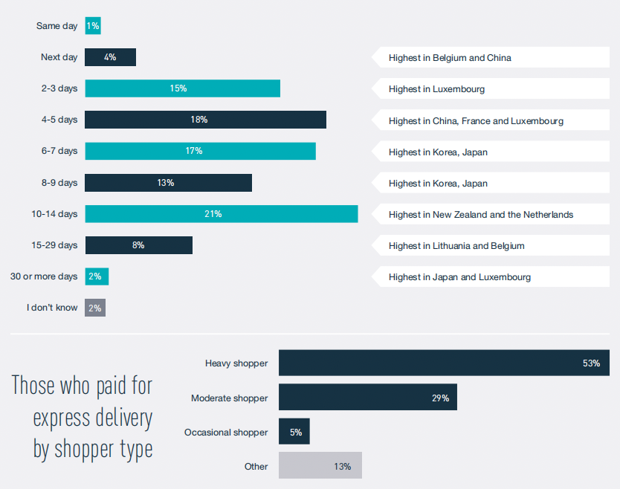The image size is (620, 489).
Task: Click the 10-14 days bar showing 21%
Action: (221, 214)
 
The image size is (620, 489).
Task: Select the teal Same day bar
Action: (92, 26)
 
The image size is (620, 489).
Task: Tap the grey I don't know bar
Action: (95, 308)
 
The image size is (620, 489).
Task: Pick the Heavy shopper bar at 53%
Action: (443, 363)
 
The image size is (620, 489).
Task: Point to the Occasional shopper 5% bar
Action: (294, 432)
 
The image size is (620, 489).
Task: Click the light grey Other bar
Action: (320, 466)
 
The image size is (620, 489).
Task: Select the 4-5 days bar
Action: (205, 120)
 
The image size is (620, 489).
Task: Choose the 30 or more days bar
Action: (97, 276)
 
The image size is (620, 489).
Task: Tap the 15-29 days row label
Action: (54, 245)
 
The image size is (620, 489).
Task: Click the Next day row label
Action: (59, 57)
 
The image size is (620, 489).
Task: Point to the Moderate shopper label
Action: (229, 398)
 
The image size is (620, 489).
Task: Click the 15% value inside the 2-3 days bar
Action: (178, 88)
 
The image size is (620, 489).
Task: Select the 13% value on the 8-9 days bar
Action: (165, 183)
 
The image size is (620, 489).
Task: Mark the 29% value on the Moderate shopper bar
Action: (440, 398)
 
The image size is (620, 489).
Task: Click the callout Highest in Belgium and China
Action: (450, 57)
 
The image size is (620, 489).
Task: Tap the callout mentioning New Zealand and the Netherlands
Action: (481, 214)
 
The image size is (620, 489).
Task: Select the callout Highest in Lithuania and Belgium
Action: (456, 245)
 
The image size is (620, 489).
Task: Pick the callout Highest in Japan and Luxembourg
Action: (459, 277)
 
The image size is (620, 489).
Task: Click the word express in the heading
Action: (62, 418)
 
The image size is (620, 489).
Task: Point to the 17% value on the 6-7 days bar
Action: (193, 151)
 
